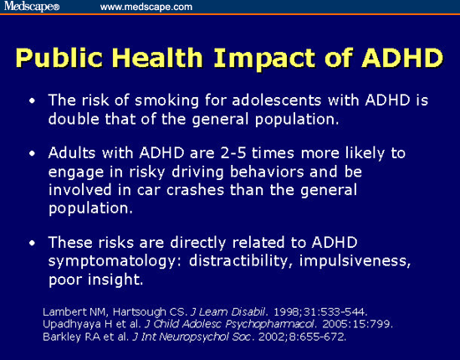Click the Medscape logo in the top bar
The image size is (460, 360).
click(31, 7)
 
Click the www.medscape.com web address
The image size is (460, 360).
click(146, 7)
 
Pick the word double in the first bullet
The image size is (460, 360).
click(74, 118)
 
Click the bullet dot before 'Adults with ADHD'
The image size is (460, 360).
click(32, 155)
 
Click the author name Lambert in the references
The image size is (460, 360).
click(63, 312)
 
